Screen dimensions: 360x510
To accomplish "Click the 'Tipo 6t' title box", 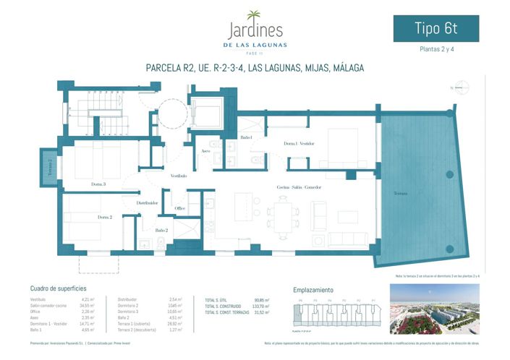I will point(435,29).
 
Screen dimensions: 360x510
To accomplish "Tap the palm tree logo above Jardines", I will point(255,15).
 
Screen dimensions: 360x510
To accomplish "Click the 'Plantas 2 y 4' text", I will point(435,50).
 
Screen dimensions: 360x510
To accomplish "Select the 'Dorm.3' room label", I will point(98,184).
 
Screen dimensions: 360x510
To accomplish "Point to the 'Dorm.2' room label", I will point(105,217).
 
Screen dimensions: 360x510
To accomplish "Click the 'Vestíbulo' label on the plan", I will point(179,176).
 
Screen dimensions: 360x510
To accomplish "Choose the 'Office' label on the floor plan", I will point(180,208).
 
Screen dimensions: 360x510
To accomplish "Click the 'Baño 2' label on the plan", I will point(161,230).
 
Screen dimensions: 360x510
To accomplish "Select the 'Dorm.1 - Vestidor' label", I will point(299,144).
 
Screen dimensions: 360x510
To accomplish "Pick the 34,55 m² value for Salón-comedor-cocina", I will point(88,305).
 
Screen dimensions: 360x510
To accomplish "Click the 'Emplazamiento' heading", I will point(313,288).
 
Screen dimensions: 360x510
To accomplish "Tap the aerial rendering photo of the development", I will point(433,309).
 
